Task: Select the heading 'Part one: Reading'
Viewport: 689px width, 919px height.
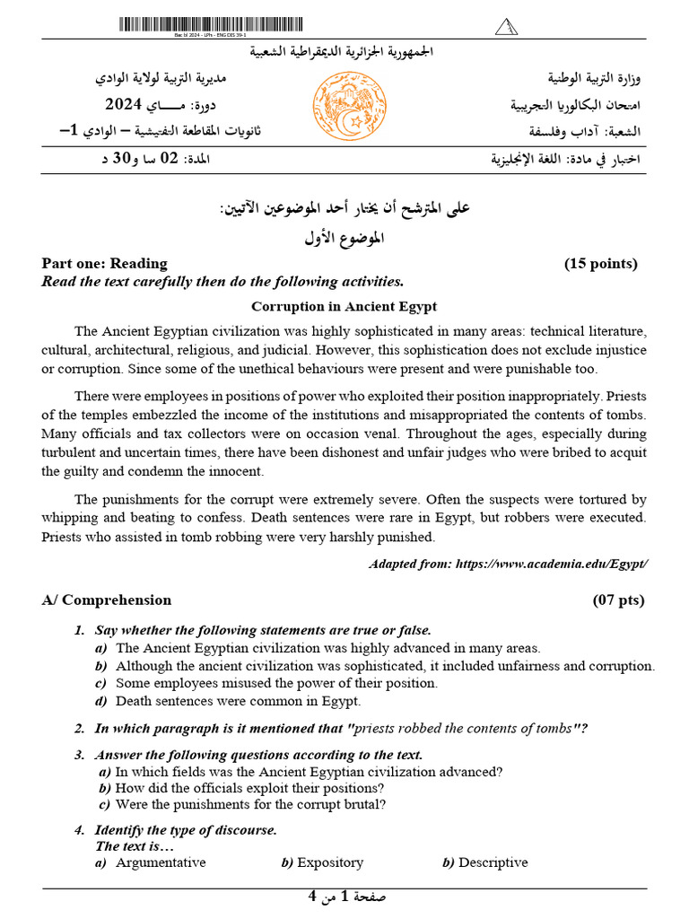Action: (x=104, y=263)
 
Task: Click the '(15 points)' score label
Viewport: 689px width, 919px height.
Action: (x=600, y=263)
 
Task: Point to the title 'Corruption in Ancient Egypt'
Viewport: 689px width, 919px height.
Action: (x=344, y=306)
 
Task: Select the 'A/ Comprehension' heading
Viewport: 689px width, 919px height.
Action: (x=106, y=600)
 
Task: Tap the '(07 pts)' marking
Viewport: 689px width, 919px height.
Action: (x=618, y=600)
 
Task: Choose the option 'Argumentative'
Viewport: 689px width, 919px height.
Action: (x=161, y=862)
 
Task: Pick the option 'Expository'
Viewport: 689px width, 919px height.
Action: (x=329, y=862)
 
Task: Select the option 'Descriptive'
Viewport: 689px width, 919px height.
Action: (x=493, y=862)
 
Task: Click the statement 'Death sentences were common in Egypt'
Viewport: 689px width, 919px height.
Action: (x=238, y=701)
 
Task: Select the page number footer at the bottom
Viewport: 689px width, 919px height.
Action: (x=344, y=897)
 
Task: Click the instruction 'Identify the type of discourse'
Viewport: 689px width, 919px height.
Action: (x=186, y=830)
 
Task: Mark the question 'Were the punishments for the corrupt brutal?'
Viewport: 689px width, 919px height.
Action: (x=251, y=804)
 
